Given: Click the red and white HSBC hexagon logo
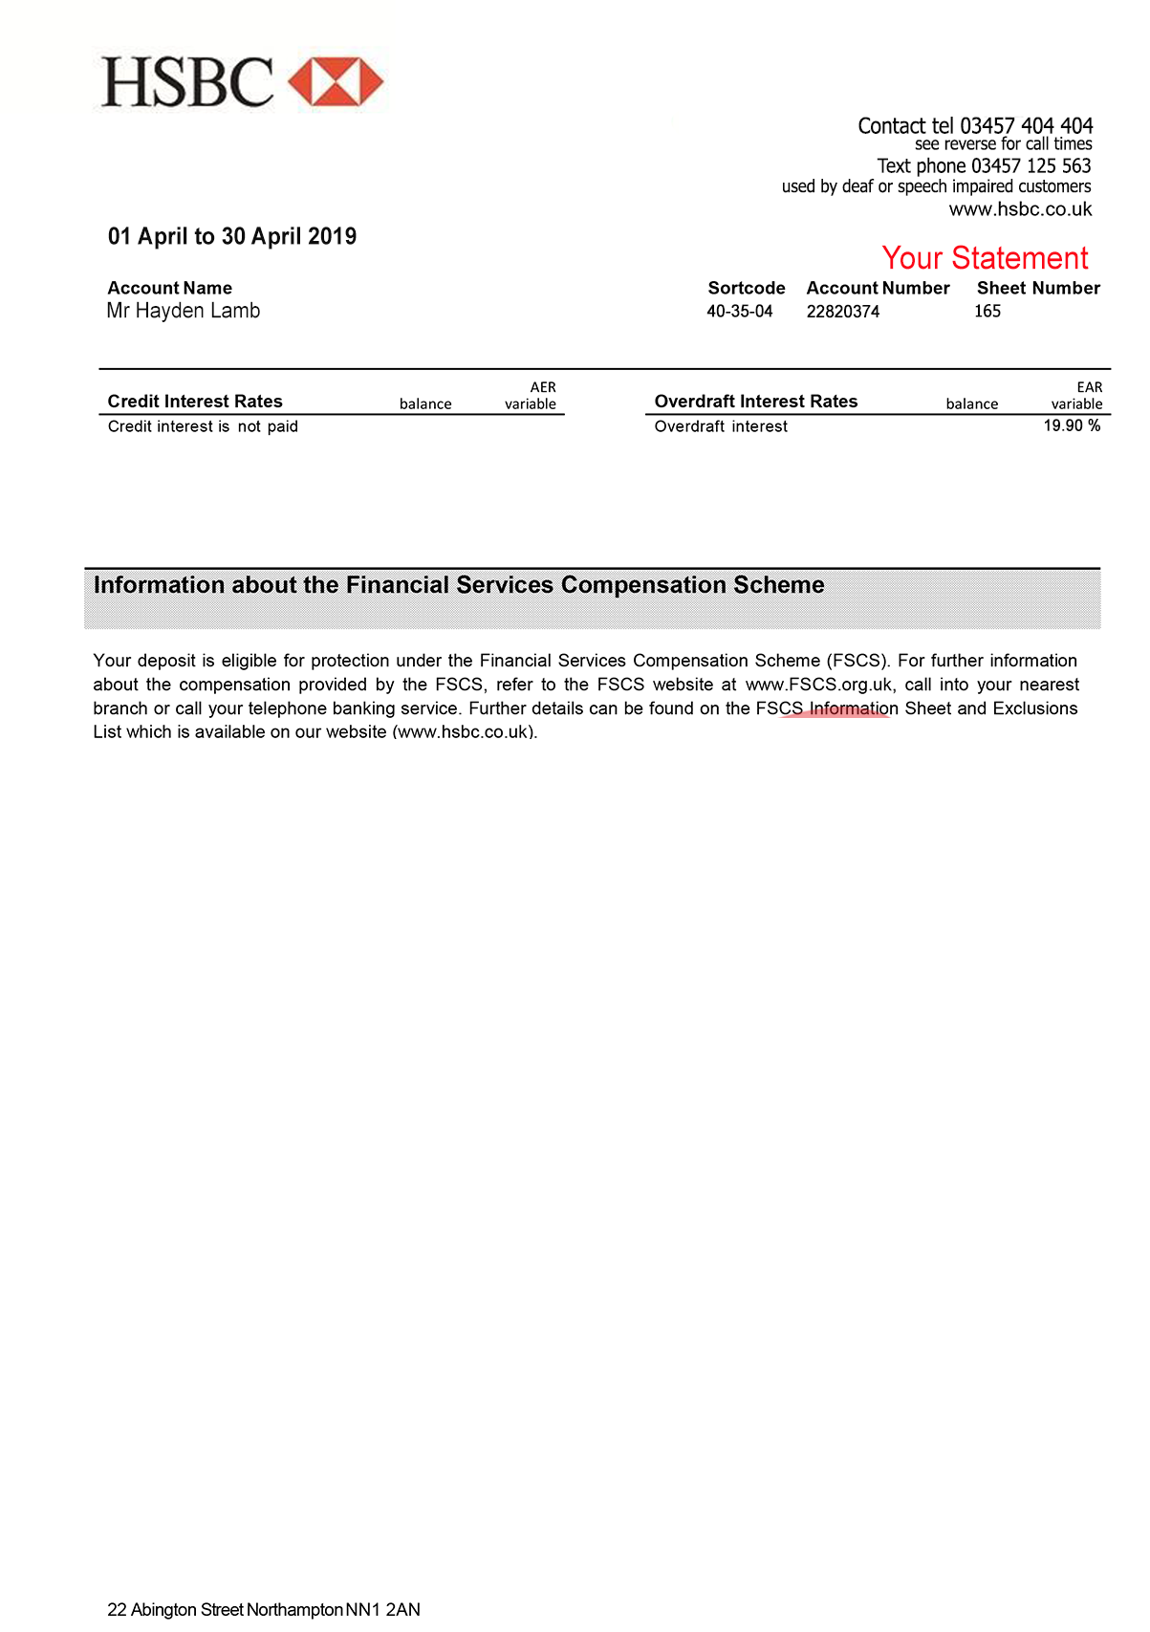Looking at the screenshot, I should pos(336,82).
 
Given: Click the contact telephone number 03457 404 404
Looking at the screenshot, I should pos(1026,126).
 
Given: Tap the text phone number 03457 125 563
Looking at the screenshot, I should pos(1031,166).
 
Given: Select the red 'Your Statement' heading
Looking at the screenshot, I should pos(985,258).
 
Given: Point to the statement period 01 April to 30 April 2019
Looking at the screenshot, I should pos(232,236).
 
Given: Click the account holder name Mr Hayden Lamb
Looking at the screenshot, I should pos(184,311).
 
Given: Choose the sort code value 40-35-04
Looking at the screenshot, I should pos(739,312).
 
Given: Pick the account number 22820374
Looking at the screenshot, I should pos(842,312).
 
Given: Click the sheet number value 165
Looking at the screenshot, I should pos(987,312).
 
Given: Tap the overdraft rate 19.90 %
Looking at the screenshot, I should pos(1072,425).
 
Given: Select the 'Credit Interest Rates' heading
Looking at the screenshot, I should pos(195,402).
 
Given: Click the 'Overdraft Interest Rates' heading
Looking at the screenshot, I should pos(755,402).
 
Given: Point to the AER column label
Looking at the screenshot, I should pos(543,387).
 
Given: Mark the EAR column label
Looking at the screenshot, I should pos(1090,387).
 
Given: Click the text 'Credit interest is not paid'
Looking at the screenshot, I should pos(203,426).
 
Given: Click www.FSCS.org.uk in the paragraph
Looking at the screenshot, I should pos(819,685).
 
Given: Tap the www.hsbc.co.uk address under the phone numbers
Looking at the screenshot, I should pos(1020,209).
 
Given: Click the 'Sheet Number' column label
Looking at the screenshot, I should pos(1038,288).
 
